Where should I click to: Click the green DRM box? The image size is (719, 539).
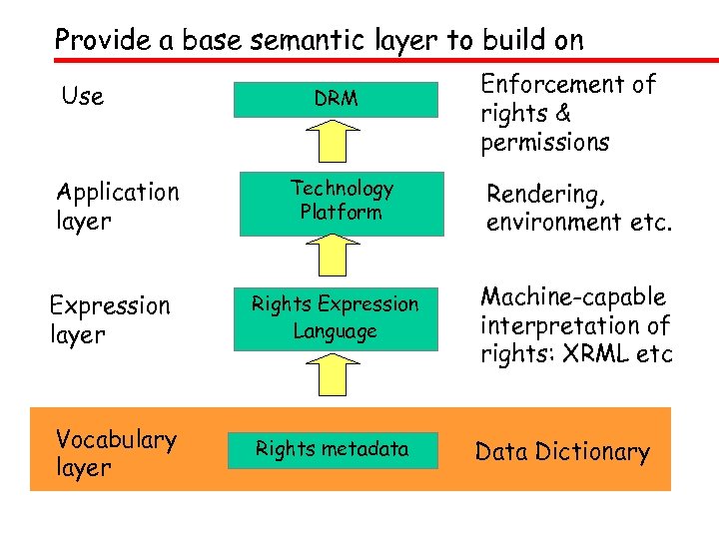click(x=336, y=99)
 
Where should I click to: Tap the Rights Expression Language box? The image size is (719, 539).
click(x=336, y=317)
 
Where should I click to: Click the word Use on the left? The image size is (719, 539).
click(x=82, y=97)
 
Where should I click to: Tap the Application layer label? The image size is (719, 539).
click(x=118, y=206)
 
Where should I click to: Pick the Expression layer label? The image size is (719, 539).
click(x=110, y=319)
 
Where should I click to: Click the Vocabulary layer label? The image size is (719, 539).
click(x=116, y=453)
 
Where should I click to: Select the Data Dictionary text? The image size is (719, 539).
click(x=562, y=452)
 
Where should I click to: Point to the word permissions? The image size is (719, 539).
click(x=544, y=143)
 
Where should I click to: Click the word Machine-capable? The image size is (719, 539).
click(x=572, y=297)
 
